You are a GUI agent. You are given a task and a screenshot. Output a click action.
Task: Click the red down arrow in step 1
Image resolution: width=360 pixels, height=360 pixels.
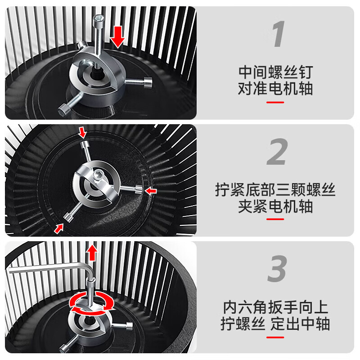click(118, 36)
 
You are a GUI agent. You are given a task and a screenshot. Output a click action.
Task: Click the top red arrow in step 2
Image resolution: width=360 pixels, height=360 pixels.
click(81, 132)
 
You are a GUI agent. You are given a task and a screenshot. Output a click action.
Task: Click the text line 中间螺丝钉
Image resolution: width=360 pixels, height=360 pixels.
click(275, 72)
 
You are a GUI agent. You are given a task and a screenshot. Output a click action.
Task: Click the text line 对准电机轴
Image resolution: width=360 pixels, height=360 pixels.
click(275, 89)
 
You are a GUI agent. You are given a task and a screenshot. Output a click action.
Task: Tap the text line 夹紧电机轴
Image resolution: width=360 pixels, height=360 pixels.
click(275, 207)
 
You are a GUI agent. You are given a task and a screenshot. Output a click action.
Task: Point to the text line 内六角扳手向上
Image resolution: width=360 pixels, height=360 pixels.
click(275, 307)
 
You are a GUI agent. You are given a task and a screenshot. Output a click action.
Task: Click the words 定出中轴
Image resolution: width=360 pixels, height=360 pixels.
click(300, 324)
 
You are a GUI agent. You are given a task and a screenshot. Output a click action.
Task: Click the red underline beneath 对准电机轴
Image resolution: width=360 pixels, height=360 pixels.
click(275, 102)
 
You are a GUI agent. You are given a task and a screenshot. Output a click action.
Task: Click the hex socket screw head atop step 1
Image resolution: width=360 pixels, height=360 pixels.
click(98, 19)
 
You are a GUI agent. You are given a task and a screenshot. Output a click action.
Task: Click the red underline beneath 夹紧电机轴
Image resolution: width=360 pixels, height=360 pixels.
click(275, 219)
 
